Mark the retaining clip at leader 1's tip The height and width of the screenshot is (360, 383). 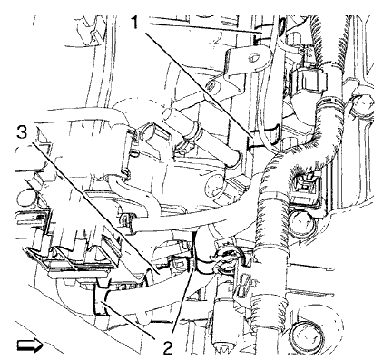(260, 138)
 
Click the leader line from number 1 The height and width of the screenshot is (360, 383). (195, 82)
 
